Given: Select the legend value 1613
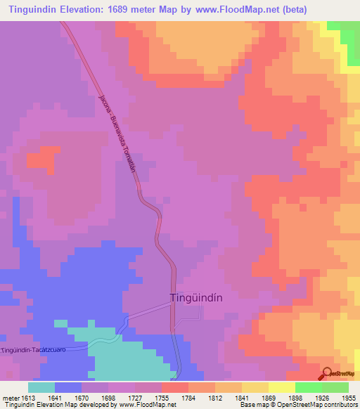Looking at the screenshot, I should [x=27, y=397].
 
